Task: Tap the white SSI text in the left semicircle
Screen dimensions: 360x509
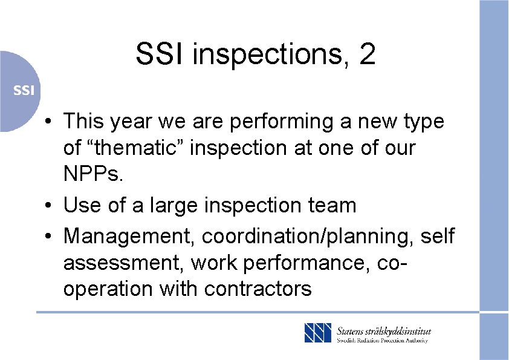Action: (24, 91)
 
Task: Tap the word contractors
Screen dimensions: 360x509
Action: (258, 289)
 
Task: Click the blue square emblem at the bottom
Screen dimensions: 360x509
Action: (318, 333)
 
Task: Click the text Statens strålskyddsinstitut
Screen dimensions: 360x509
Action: (384, 330)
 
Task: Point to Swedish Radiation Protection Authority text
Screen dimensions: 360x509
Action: (382, 341)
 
